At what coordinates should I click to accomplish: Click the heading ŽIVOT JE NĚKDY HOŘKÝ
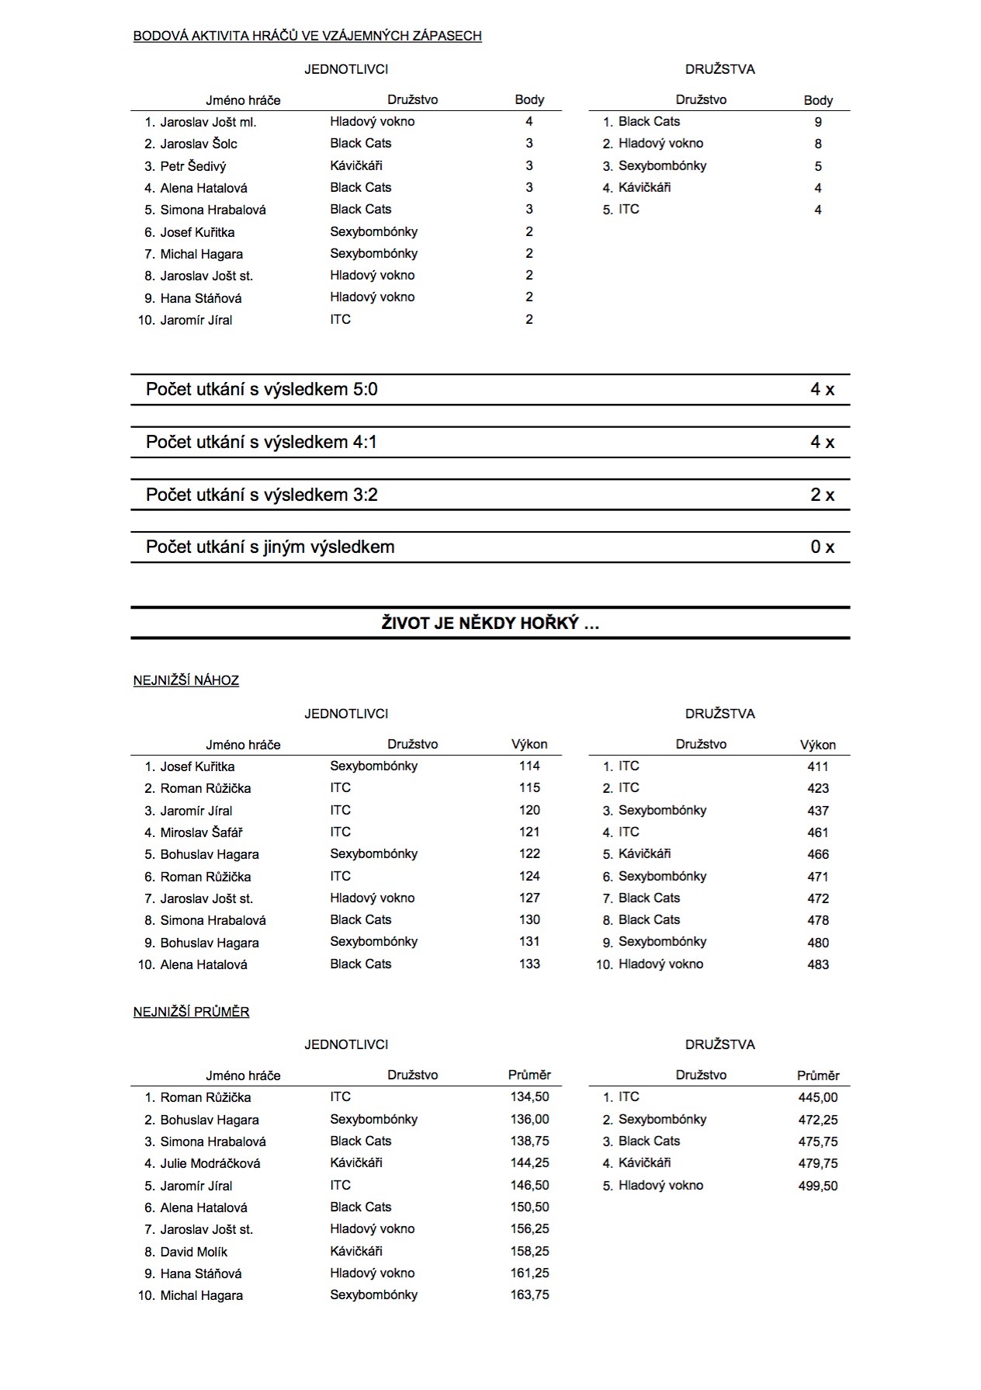click(x=490, y=623)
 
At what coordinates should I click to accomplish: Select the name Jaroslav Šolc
click(x=199, y=144)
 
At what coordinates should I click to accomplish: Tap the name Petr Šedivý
click(x=193, y=166)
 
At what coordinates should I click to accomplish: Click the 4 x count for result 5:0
click(x=822, y=390)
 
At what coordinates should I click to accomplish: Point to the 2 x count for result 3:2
click(x=822, y=495)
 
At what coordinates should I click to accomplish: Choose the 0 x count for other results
click(x=822, y=547)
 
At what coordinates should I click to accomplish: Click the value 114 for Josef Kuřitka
click(x=529, y=766)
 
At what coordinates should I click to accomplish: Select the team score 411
click(x=818, y=766)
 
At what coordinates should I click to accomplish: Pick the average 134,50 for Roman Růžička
click(x=529, y=1097)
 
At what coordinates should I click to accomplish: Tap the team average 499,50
click(x=818, y=1186)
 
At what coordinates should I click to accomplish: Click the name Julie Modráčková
click(x=210, y=1163)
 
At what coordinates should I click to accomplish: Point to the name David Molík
click(x=194, y=1252)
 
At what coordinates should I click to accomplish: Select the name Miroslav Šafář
click(x=201, y=832)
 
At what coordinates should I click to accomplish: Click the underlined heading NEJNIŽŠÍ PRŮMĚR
click(x=191, y=1012)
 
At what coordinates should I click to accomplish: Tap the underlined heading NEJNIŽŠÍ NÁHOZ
click(x=186, y=681)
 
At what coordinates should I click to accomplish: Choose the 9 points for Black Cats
click(x=818, y=122)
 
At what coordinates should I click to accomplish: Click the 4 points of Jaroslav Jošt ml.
click(x=529, y=121)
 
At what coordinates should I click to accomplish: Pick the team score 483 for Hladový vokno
click(x=818, y=964)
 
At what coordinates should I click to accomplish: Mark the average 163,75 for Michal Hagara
click(x=529, y=1294)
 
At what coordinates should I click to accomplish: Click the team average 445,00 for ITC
click(x=818, y=1097)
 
